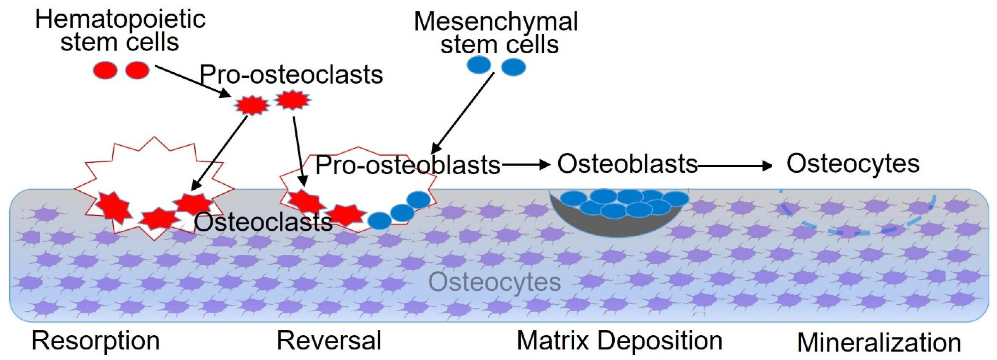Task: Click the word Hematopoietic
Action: pyautogui.click(x=120, y=19)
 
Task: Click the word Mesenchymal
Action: pyautogui.click(x=496, y=21)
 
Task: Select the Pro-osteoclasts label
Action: pyautogui.click(x=291, y=74)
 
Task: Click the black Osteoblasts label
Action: pyautogui.click(x=627, y=163)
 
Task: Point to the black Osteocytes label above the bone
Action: pyautogui.click(x=853, y=163)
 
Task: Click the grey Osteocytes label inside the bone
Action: pyautogui.click(x=494, y=282)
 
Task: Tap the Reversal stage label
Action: pyautogui.click(x=329, y=341)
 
